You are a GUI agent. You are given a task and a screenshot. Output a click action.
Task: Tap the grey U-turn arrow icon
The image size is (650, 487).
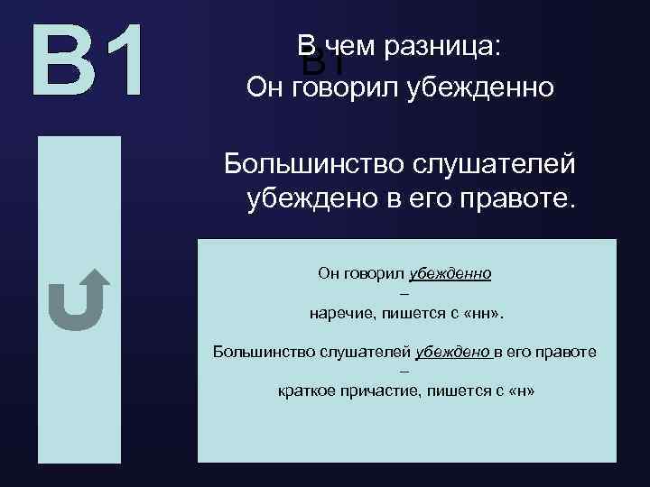[x=78, y=299]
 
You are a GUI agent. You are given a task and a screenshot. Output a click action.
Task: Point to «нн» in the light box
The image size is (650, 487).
[x=487, y=313]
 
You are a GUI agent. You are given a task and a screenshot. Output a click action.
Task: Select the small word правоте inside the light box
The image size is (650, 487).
[x=570, y=351]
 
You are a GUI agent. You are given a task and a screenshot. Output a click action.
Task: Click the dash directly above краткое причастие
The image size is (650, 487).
[x=404, y=372]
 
